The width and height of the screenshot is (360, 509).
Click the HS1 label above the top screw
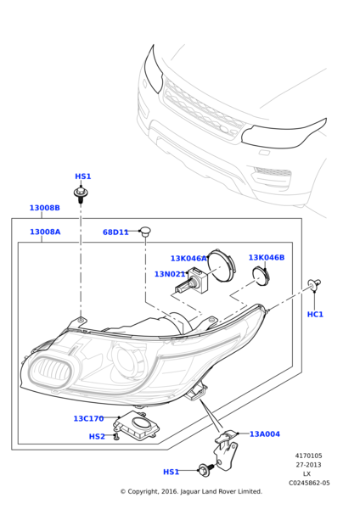point(82,176)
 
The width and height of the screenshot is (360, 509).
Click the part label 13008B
point(44,208)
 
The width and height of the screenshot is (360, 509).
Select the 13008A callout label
point(44,232)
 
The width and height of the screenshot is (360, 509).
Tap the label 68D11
point(115,232)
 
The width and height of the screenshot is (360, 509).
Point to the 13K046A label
point(188,259)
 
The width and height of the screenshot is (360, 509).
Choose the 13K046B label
point(266,257)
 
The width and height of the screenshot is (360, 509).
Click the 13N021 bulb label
point(170,274)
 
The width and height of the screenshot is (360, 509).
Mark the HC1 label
point(315,314)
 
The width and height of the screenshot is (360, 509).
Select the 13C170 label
point(88,418)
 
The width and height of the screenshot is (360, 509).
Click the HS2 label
point(97,437)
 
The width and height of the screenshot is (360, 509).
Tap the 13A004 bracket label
point(264,433)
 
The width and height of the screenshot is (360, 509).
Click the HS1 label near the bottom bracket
point(171,472)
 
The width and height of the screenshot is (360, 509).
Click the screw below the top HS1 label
point(81,196)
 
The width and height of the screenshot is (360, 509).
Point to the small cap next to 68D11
point(145,231)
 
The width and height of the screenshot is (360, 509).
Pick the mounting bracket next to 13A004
point(226,448)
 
